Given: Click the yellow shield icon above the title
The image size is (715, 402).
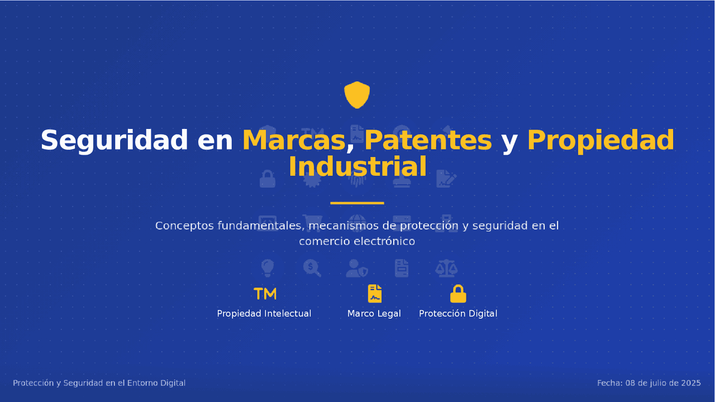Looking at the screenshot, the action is pos(357,95).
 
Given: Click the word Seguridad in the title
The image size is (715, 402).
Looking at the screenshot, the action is pos(114,140).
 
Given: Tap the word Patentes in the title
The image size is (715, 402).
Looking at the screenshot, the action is pos(428,140).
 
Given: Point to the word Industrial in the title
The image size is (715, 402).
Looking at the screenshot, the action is pos(357,166).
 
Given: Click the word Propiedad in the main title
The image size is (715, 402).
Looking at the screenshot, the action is pos(600,140).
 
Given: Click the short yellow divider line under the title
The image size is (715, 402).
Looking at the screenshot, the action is pos(357,203).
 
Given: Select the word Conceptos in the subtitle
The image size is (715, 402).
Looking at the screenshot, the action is pos(184,226).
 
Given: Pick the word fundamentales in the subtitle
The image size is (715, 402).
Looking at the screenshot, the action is pos(261,226).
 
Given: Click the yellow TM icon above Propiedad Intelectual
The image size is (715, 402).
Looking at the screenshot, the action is pos(265,294).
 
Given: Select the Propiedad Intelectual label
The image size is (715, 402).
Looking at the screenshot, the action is pos(264,314).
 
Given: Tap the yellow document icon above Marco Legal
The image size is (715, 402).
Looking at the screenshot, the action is pos(374,294).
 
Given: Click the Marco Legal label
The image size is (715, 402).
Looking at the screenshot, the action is pos(374,314).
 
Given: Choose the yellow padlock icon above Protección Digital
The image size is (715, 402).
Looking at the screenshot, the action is pos(458,294).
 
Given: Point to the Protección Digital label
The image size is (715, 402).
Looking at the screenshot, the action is pos(458,314).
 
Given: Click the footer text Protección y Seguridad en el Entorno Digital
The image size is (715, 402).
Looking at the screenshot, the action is pos(99,383).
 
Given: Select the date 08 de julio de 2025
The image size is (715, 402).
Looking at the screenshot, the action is pos(663,383).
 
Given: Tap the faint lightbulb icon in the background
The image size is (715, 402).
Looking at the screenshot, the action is pos(268,268).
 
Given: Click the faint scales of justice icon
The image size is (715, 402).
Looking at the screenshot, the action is pos(446,268).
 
